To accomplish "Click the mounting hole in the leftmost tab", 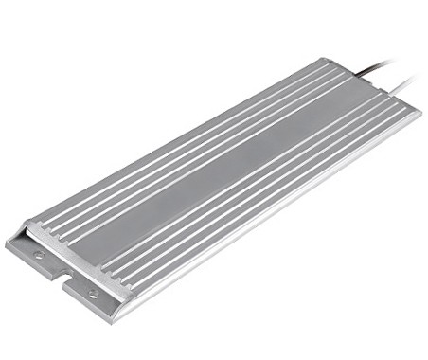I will tap(39, 255).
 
